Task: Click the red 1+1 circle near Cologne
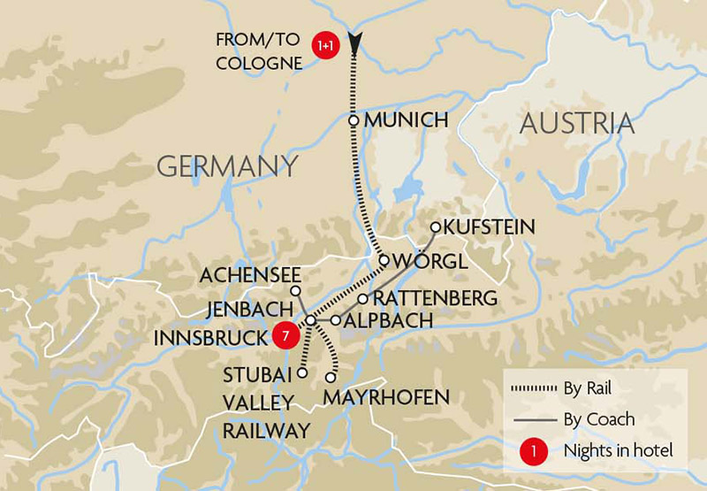(x=325, y=44)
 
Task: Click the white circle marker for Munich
(x=353, y=119)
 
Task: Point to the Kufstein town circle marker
(x=435, y=227)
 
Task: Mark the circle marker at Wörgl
(x=384, y=260)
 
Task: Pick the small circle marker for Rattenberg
(x=362, y=298)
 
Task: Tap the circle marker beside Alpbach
(x=336, y=319)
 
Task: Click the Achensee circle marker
(x=297, y=290)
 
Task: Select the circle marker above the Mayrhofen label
(x=331, y=377)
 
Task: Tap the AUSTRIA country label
(x=577, y=123)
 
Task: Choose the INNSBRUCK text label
(x=210, y=338)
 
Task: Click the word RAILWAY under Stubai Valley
(x=266, y=431)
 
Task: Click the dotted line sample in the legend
(x=530, y=387)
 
